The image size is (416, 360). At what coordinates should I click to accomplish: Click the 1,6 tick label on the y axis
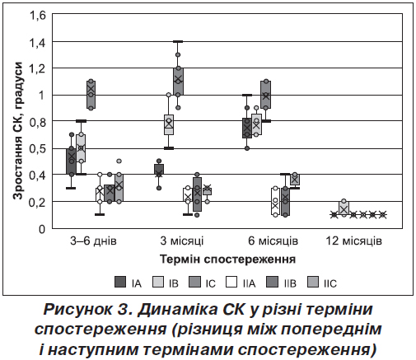(x=37, y=15)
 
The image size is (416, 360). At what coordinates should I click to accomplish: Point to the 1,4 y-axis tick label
(x=37, y=42)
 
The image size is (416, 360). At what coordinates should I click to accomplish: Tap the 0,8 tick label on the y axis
(x=37, y=121)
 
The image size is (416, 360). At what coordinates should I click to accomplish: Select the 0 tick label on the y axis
(x=42, y=228)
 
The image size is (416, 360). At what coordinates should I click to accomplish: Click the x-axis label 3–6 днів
(x=93, y=241)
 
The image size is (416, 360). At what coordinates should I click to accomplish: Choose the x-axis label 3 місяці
(x=182, y=241)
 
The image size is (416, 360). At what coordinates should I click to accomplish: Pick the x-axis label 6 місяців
(x=273, y=241)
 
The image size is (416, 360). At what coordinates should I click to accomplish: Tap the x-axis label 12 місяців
(x=354, y=241)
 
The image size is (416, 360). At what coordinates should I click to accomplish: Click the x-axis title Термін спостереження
(x=227, y=259)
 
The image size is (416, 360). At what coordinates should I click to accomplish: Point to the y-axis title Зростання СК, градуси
(x=18, y=131)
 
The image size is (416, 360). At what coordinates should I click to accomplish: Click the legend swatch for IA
(x=120, y=282)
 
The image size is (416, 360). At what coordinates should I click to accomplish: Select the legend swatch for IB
(x=157, y=282)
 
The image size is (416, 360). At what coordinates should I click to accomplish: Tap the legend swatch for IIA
(x=231, y=282)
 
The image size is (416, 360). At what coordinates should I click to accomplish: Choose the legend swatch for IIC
(x=312, y=282)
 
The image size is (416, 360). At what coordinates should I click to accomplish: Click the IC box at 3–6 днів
(x=91, y=95)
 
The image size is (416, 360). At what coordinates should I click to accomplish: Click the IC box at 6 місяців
(x=266, y=95)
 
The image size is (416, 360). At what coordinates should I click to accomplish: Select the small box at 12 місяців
(x=344, y=208)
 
